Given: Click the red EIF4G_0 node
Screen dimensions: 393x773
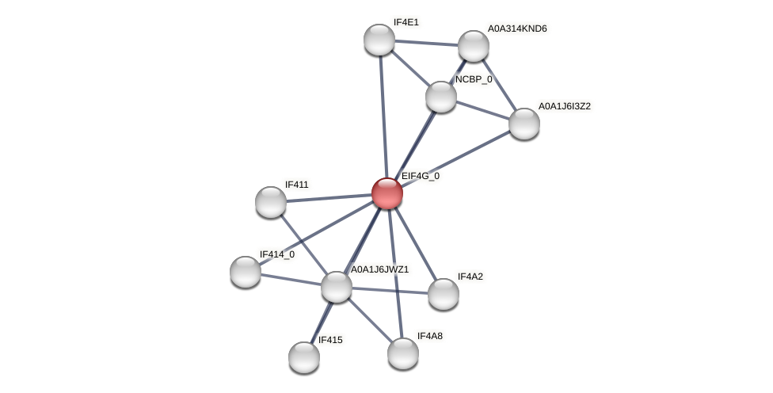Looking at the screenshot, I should tap(387, 193).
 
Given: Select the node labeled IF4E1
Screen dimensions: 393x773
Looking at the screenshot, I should tap(379, 40).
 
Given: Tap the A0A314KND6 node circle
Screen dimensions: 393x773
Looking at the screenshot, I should tap(474, 46).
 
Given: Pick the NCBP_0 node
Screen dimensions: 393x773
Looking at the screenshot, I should tap(441, 97).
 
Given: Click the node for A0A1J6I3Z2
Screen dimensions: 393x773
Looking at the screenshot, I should tap(524, 124).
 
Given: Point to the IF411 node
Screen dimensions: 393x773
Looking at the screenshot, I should tap(271, 202).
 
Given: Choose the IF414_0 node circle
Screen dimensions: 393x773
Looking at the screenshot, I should tap(246, 272).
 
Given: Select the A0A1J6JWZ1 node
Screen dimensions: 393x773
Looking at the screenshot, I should tap(337, 287).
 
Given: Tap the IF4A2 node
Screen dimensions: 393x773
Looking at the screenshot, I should tap(444, 294).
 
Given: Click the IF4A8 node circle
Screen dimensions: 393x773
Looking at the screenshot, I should tap(403, 353).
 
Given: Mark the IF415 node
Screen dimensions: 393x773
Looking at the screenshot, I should tap(304, 357).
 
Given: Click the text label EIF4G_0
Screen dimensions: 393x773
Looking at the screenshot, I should tap(420, 176).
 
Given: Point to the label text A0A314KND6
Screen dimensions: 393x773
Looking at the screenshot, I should tap(516, 29).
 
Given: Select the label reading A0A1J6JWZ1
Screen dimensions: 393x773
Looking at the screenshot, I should tap(379, 269).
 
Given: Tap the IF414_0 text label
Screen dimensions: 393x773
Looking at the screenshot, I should tap(277, 254).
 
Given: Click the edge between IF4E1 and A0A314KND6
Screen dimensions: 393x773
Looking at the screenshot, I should tap(426, 43).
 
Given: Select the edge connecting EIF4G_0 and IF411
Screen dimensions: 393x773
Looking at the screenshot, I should tap(329, 198).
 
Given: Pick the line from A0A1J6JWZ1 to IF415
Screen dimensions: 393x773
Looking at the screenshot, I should tap(321, 322).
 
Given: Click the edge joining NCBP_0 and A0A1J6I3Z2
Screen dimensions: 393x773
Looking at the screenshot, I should tap(482, 110).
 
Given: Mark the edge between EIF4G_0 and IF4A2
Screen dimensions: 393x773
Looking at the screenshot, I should tap(415, 243).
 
